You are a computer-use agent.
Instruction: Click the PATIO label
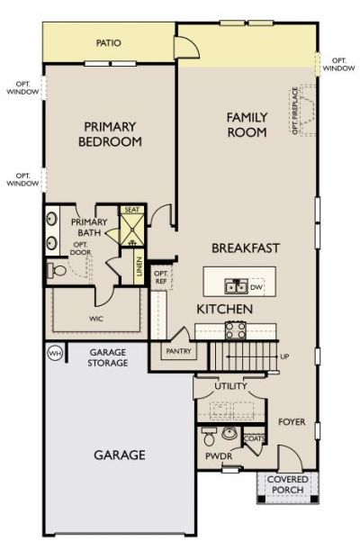109,42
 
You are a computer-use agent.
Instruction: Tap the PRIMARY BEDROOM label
111,134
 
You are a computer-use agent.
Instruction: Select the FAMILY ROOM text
246,124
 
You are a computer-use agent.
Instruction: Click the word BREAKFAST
245,248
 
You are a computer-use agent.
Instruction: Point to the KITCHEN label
224,309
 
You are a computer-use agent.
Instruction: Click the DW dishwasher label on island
256,287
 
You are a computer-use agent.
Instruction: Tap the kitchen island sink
236,287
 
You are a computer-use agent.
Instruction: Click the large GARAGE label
120,455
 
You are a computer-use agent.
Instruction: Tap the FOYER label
291,420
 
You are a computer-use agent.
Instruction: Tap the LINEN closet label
140,266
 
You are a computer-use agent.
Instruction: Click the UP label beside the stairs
284,356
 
